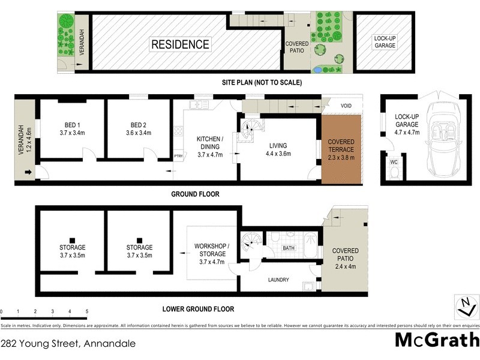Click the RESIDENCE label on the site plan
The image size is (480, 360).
pos(180,44)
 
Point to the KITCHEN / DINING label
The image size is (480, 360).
pos(210,146)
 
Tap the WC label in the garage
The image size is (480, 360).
pos(394,162)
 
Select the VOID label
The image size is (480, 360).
pos(346,106)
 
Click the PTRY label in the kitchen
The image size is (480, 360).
pos(178,157)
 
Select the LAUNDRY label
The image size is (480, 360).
pos(279,280)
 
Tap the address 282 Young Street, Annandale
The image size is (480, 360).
pos(68,344)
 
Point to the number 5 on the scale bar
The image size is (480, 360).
pos(87,312)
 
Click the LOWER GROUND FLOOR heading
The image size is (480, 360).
pos(198,310)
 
